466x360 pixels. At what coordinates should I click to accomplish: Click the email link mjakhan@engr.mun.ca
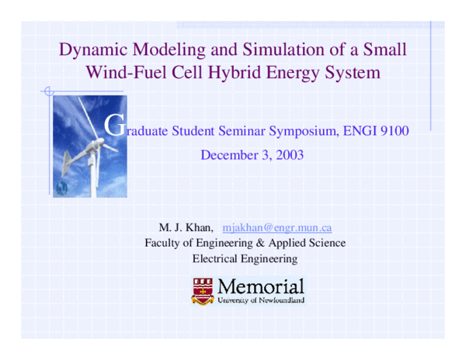pyautogui.click(x=277, y=228)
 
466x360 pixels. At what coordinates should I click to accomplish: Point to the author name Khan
pyautogui.click(x=195, y=228)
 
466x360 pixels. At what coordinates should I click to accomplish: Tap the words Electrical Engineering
pyautogui.click(x=245, y=258)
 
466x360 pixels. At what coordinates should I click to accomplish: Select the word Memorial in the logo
pyautogui.click(x=261, y=284)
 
